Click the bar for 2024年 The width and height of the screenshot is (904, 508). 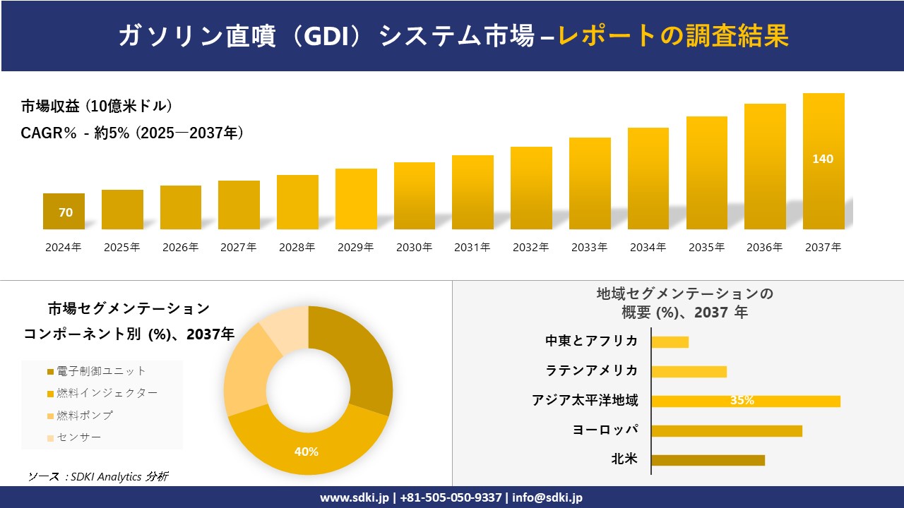pyautogui.click(x=64, y=211)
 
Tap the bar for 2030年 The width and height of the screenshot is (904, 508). pyautogui.click(x=415, y=195)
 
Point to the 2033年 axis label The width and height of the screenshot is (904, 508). pyautogui.click(x=589, y=248)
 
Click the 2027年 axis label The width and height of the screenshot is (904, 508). pyautogui.click(x=239, y=248)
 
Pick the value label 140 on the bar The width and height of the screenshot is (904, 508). pyautogui.click(x=823, y=159)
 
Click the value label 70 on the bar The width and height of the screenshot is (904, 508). pyautogui.click(x=65, y=212)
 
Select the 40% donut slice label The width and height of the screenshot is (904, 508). pyautogui.click(x=307, y=452)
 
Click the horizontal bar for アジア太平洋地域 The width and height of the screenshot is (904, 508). pyautogui.click(x=745, y=401)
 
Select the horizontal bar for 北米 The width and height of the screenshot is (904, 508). pyautogui.click(x=708, y=460)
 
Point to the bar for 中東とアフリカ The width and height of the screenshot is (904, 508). pyautogui.click(x=670, y=341)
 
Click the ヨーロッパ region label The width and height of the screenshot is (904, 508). pyautogui.click(x=605, y=430)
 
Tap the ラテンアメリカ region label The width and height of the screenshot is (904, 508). pyautogui.click(x=592, y=370)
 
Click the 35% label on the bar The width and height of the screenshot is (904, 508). pyautogui.click(x=742, y=401)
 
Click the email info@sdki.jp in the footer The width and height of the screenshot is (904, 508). pyautogui.click(x=548, y=497)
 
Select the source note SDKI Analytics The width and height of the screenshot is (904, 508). pyautogui.click(x=97, y=477)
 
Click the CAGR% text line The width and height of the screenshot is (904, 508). pyautogui.click(x=132, y=133)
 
